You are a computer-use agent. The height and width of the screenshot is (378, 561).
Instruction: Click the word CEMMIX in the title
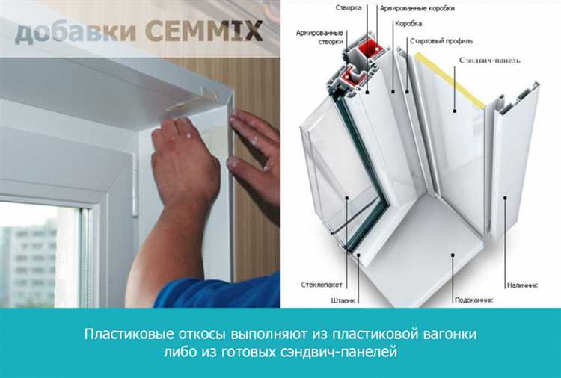tap(204, 31)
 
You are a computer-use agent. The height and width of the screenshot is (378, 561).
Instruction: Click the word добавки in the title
tap(75, 33)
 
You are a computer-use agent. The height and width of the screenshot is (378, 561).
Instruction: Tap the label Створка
tap(349, 7)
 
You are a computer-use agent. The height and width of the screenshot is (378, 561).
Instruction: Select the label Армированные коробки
tap(417, 8)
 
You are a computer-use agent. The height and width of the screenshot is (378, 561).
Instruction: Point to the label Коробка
tap(408, 24)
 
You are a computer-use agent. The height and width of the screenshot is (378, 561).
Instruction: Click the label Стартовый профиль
tap(441, 41)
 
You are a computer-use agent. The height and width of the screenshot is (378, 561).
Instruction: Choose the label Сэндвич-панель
tap(489, 60)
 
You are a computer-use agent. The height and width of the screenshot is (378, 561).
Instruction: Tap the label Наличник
tap(522, 285)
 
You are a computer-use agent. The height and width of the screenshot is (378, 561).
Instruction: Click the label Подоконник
tap(473, 300)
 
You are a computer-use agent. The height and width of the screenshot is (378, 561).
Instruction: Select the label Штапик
tap(343, 301)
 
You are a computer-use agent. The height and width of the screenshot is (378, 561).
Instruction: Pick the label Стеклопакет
tap(322, 285)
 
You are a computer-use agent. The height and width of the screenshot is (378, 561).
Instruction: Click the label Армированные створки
tap(319, 37)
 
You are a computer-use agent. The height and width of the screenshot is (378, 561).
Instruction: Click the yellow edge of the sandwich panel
tap(450, 80)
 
